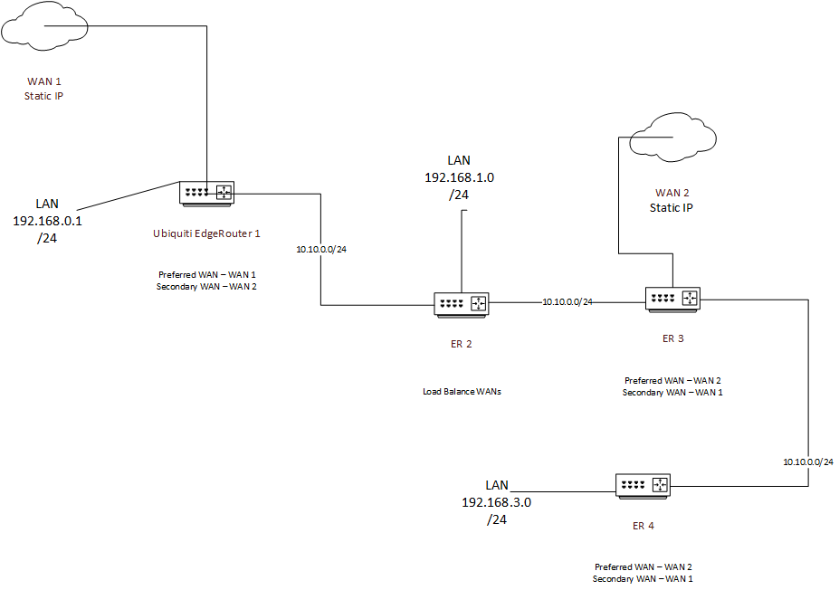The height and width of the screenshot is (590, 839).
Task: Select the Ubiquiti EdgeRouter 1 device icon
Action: [x=206, y=192]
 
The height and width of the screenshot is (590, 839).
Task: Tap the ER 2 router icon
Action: [x=461, y=304]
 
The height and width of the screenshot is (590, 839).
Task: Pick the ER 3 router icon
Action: [x=673, y=299]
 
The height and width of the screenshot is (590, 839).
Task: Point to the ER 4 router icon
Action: [x=643, y=486]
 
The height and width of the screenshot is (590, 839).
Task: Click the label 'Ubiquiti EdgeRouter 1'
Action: [x=206, y=233]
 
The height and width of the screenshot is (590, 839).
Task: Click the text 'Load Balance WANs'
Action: [x=462, y=392]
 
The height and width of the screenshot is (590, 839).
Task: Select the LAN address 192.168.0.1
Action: [x=46, y=220]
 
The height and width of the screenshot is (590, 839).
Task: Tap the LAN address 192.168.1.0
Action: [x=459, y=177]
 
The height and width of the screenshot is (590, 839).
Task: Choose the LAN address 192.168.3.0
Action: [x=496, y=502]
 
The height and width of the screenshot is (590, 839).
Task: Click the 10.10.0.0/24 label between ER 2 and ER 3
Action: [x=567, y=301]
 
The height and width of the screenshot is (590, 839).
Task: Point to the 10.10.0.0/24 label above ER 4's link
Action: [x=808, y=462]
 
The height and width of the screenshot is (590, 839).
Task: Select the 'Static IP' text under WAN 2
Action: [x=672, y=208]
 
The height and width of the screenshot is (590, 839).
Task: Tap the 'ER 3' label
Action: [x=672, y=338]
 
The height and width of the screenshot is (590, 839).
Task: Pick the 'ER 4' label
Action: [x=643, y=526]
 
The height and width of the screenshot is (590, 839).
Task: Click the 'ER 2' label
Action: [x=461, y=344]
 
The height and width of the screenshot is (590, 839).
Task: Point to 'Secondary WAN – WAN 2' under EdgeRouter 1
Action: [x=206, y=286]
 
